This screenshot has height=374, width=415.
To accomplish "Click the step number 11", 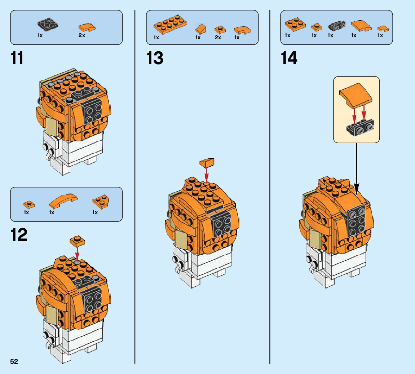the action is pyautogui.click(x=17, y=58).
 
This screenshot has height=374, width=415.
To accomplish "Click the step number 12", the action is pyautogui.click(x=19, y=235).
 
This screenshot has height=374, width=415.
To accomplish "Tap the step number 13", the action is pyautogui.click(x=155, y=58).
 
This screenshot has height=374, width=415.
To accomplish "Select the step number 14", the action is pyautogui.click(x=289, y=58).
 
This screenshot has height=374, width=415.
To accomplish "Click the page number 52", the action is pyautogui.click(x=14, y=362).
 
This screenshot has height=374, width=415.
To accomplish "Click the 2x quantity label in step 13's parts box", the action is pyautogui.click(x=218, y=38).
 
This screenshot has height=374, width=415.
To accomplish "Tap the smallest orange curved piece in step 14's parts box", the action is pyautogui.click(x=380, y=28).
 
